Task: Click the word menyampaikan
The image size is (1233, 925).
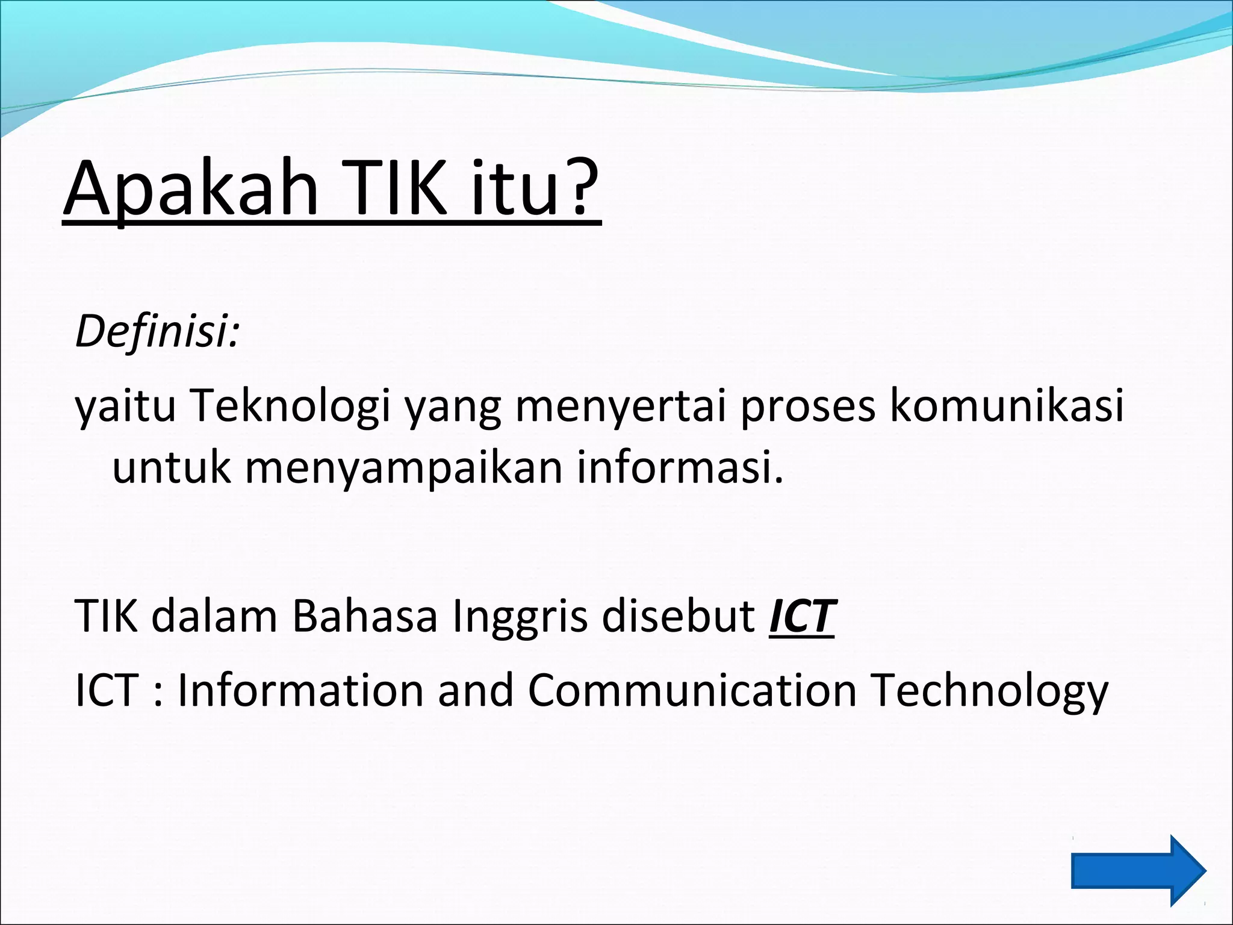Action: click(403, 469)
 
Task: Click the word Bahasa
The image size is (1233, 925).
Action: click(365, 617)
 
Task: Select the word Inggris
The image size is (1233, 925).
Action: click(520, 618)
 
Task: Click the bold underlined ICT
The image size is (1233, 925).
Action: click(802, 617)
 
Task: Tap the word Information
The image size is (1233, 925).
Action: click(300, 690)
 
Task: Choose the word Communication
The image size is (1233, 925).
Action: click(692, 690)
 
